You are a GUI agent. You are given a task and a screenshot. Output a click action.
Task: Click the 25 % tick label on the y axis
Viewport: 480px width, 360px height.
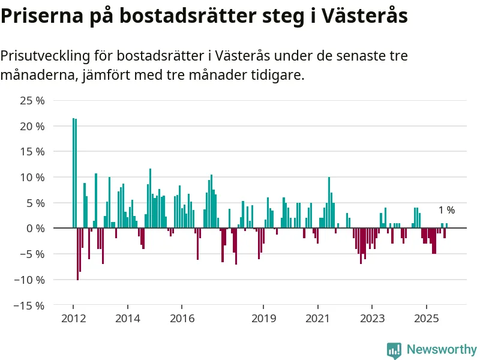coord(32,101)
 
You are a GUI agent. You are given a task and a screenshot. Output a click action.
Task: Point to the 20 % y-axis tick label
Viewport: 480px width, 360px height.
coord(32,127)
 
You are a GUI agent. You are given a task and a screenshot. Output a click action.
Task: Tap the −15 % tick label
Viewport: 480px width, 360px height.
coord(30,305)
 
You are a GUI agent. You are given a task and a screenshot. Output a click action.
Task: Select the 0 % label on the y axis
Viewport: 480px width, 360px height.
coord(35,229)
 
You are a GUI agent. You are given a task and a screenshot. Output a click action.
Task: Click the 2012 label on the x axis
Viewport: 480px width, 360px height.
coord(73,318)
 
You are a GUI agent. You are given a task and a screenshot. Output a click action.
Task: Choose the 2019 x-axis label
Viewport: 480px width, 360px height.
coord(263,318)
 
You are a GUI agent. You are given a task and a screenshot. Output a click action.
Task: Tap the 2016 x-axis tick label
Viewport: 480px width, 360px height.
coord(182,318)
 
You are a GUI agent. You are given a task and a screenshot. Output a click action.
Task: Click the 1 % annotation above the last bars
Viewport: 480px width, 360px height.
coord(446,210)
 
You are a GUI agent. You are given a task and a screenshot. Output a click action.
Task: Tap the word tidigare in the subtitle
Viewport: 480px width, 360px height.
coord(277,76)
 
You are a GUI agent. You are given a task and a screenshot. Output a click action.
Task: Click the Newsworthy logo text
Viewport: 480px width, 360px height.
coord(442,349)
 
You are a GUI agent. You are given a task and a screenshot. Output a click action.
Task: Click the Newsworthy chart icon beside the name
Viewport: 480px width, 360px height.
coord(394,350)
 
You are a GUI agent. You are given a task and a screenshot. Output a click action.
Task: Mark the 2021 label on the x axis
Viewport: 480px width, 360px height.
coord(317,318)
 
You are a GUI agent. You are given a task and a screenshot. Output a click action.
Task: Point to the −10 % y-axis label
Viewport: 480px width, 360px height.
coord(30,280)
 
